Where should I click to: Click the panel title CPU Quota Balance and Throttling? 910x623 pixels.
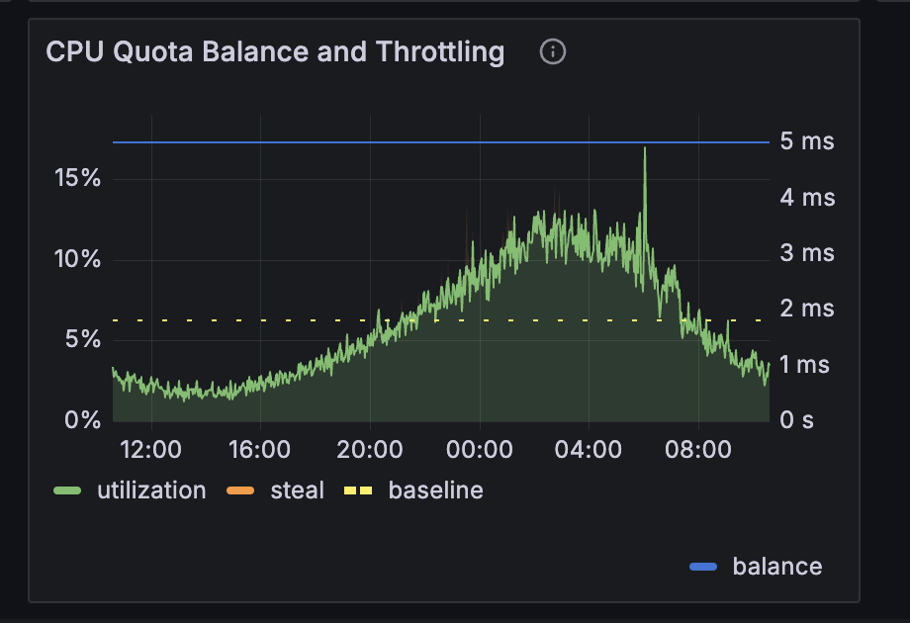click(x=275, y=51)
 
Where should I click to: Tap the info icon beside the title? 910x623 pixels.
click(x=553, y=51)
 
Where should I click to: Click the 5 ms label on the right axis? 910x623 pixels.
click(x=807, y=141)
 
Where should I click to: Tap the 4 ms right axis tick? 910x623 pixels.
click(x=807, y=198)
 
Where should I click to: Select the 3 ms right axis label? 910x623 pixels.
click(x=807, y=253)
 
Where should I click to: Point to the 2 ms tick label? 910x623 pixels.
click(x=807, y=309)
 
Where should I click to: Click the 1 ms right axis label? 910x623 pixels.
click(x=807, y=365)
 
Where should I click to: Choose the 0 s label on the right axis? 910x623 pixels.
click(x=797, y=420)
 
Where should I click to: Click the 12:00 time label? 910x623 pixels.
click(x=150, y=450)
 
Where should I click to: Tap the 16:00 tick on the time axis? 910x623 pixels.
click(x=259, y=450)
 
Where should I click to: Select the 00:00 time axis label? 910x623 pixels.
click(x=479, y=450)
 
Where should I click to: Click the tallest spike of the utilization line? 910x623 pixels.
click(x=645, y=150)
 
